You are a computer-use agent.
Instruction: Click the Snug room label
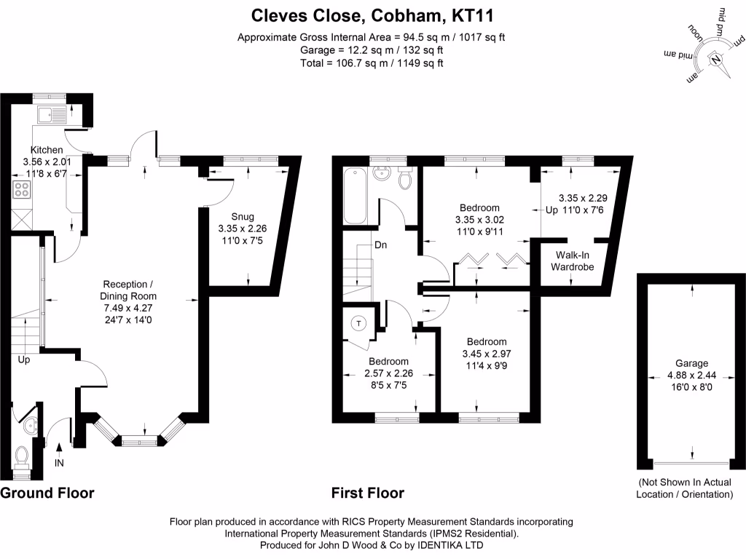(x=243, y=217)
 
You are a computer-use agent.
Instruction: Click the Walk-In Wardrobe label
(x=575, y=261)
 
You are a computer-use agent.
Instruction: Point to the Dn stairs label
(x=380, y=245)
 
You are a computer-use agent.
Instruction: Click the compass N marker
(x=717, y=59)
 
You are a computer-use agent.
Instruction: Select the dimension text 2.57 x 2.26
(x=388, y=373)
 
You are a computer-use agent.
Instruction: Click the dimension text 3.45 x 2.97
(x=487, y=354)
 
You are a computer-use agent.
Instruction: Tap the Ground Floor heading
(x=47, y=493)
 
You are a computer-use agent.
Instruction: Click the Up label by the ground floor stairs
(x=23, y=360)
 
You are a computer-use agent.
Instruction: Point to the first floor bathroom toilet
(x=406, y=177)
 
